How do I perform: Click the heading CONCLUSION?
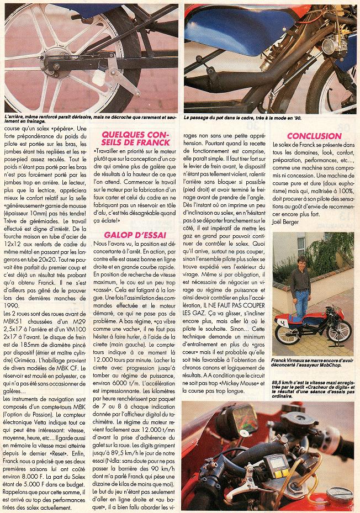[x=315, y=136]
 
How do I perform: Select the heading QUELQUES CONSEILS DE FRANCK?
[x=134, y=140]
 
